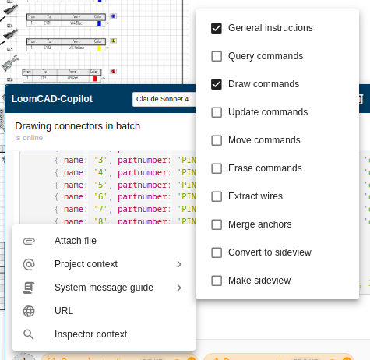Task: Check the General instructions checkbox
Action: [217, 28]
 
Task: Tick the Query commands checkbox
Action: [217, 56]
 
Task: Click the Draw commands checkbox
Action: [217, 84]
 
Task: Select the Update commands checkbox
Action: [217, 112]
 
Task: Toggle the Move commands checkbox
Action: [217, 140]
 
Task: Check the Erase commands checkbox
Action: [217, 168]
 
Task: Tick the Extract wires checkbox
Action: [217, 196]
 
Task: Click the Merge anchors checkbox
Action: [217, 224]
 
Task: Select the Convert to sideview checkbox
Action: [217, 252]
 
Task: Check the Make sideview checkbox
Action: [217, 281]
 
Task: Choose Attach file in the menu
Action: [75, 241]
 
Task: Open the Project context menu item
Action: [86, 264]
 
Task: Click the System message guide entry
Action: [103, 288]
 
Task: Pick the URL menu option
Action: [64, 311]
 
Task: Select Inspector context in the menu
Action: [90, 334]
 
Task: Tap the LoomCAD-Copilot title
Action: [52, 99]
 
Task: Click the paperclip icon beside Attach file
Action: [29, 241]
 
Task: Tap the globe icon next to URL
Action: [29, 311]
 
